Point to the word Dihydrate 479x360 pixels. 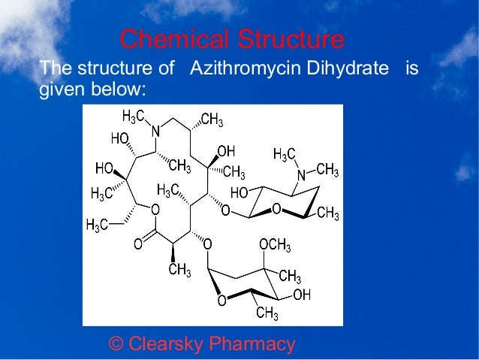pyautogui.click(x=351, y=69)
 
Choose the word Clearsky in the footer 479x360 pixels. pyautogui.click(x=165, y=344)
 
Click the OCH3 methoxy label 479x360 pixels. pyautogui.click(x=276, y=246)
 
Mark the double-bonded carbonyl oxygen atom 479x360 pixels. pyautogui.click(x=137, y=244)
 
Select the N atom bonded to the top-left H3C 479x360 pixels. pyautogui.click(x=156, y=131)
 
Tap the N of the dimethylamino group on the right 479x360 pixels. pyautogui.click(x=301, y=174)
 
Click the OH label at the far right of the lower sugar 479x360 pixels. pyautogui.click(x=302, y=295)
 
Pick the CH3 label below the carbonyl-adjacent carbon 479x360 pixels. pyautogui.click(x=179, y=270)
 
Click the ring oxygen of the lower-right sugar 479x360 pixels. pyautogui.click(x=221, y=301)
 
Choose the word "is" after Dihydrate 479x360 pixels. pyautogui.click(x=411, y=69)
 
